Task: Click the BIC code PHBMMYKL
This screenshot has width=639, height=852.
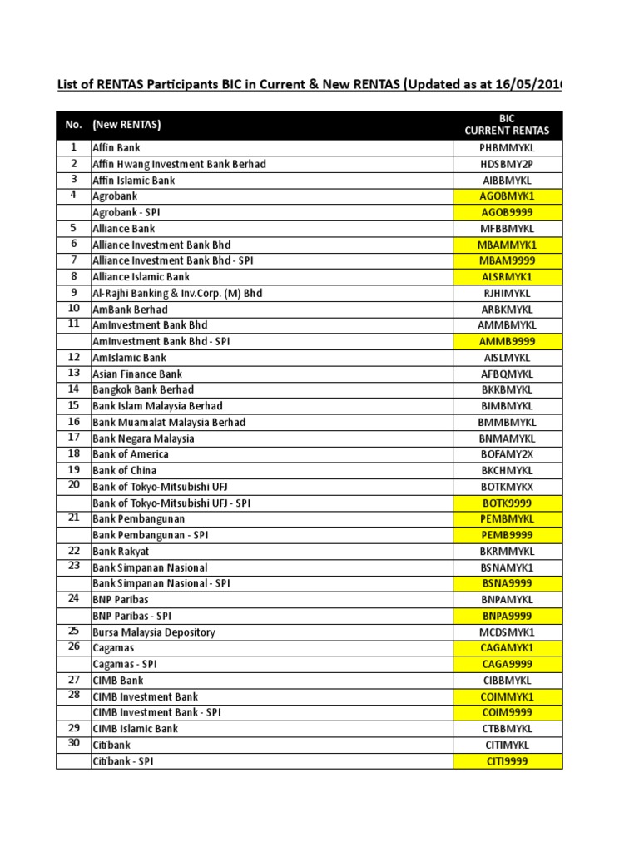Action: click(x=507, y=148)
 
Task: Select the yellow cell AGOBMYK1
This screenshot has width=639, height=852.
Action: click(x=507, y=196)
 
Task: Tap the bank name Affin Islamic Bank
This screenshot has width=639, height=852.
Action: click(x=134, y=181)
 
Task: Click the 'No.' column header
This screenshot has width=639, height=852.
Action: click(x=73, y=125)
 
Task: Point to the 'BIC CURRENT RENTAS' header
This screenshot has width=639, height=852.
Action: click(x=507, y=125)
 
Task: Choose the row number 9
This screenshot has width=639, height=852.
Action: click(x=73, y=293)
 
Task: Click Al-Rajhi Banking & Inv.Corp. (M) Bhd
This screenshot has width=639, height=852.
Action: click(x=177, y=294)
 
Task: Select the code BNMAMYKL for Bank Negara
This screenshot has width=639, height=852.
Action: click(x=507, y=438)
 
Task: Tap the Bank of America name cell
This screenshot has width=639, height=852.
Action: click(x=131, y=454)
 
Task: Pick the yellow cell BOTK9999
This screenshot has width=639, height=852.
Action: click(x=507, y=503)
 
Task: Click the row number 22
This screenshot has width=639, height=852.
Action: click(x=73, y=551)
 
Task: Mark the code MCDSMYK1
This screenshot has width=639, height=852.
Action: click(x=507, y=632)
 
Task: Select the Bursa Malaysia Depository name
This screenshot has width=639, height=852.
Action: click(x=154, y=632)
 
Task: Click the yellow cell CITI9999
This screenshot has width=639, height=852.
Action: click(x=507, y=761)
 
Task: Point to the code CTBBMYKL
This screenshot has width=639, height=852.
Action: click(x=507, y=729)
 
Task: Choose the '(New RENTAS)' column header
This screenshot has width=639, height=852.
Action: click(x=126, y=125)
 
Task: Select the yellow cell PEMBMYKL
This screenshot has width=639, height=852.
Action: click(x=507, y=519)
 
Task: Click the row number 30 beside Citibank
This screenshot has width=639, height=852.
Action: click(x=73, y=745)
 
